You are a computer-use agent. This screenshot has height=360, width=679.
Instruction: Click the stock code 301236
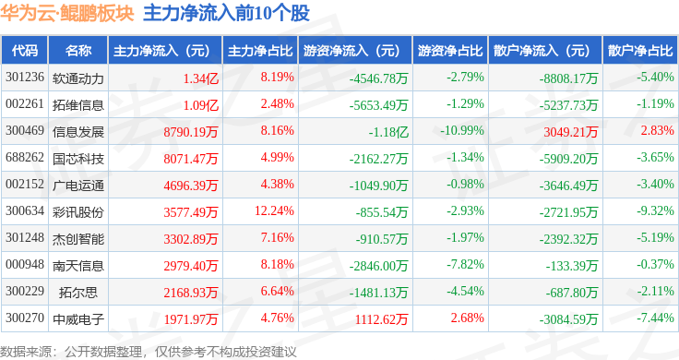coord(25,78)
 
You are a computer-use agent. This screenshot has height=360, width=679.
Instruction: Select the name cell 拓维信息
coord(77,105)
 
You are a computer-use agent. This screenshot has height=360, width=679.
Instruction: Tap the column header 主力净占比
coord(260,51)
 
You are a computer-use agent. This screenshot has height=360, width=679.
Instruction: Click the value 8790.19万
coord(191,132)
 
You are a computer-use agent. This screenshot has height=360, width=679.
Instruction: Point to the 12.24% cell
coord(275,211)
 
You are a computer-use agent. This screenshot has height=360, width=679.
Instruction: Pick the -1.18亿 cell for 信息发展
coord(388,132)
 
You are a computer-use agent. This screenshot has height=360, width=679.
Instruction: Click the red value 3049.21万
coord(571,132)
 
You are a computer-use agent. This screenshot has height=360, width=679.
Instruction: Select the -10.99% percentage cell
coord(462,130)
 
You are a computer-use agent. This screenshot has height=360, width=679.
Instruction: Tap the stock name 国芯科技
coord(77,159)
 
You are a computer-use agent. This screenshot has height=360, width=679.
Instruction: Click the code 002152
coord(25,184)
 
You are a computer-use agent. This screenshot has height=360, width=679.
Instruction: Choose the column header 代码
coord(25,51)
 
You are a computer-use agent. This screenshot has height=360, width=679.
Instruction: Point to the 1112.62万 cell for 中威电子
coord(382,319)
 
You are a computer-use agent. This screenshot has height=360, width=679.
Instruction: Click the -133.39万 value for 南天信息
coord(572,266)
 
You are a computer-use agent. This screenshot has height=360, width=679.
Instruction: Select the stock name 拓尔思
coord(77,293)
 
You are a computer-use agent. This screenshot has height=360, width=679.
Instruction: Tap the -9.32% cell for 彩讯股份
coord(655,211)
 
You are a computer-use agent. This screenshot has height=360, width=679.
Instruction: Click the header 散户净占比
coord(640,51)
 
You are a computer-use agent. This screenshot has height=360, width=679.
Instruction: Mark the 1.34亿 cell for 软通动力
coord(201,78)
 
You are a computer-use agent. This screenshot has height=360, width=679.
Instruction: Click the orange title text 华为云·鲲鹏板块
coord(67,13)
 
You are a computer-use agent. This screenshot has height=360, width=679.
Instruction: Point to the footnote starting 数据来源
coord(149,352)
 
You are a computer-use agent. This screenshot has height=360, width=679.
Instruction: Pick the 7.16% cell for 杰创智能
coord(277,237)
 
